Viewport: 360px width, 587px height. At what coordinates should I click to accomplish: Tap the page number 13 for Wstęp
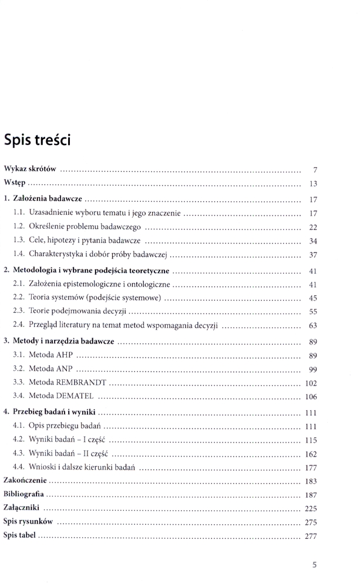click(x=313, y=184)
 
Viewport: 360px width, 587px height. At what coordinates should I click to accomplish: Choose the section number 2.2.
click(x=18, y=298)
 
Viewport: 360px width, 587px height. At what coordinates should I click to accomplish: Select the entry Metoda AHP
click(x=51, y=355)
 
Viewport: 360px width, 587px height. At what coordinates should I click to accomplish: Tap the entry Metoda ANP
click(x=51, y=369)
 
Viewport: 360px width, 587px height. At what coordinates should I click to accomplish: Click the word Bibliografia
click(x=23, y=494)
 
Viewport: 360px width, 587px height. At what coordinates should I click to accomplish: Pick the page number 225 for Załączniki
click(x=311, y=508)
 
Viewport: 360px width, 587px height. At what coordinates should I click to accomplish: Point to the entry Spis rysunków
click(x=28, y=522)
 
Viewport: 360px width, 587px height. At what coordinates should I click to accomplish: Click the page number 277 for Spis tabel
click(x=311, y=536)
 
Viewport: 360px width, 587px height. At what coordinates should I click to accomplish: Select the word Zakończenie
click(x=25, y=481)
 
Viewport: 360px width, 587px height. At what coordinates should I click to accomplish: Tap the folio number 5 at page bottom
click(x=314, y=566)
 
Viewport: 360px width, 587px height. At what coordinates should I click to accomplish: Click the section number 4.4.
click(x=18, y=467)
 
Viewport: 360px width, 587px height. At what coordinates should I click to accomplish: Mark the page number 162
click(x=311, y=454)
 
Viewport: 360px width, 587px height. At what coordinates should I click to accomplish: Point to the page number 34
click(x=313, y=241)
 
